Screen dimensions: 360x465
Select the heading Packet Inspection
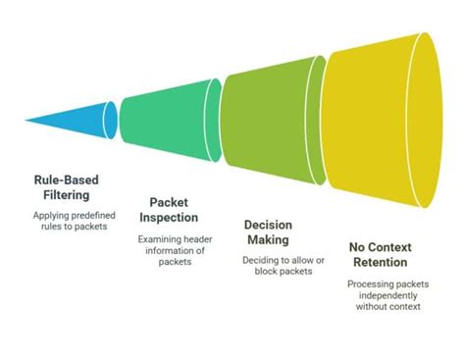point(168,210)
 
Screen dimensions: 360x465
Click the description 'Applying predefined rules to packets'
point(72,221)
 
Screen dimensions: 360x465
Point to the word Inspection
point(168,217)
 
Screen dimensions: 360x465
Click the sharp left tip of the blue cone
point(26,121)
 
